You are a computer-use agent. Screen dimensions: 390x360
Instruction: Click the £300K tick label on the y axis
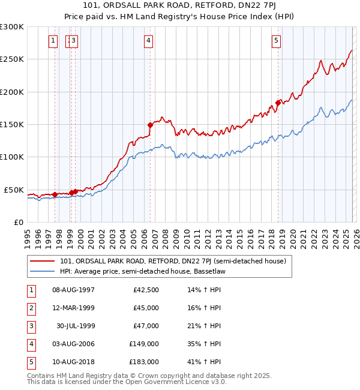12,27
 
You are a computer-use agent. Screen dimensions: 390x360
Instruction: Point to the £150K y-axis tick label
12,124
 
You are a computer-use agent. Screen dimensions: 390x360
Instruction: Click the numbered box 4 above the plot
148,41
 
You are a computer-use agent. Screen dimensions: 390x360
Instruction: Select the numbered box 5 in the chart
276,41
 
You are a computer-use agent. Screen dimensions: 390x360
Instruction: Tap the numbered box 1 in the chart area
53,41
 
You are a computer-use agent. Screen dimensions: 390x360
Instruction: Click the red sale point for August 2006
150,125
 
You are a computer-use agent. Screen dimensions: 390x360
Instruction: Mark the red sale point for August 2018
278,103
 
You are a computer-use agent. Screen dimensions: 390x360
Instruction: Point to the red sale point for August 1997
55,194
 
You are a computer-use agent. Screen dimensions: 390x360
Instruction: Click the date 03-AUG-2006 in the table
73,344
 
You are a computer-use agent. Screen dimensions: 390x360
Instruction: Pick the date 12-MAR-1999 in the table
73,308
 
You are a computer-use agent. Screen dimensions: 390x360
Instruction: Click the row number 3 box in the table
30,326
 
